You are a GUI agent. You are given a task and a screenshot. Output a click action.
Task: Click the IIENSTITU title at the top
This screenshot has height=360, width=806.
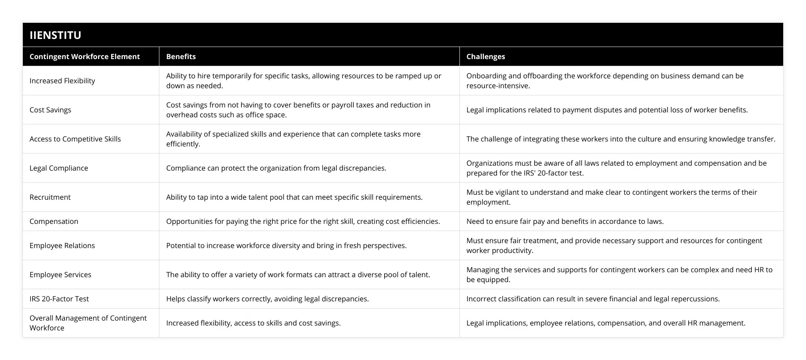(x=56, y=35)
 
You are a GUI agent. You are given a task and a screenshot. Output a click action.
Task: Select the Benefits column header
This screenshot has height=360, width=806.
(x=181, y=56)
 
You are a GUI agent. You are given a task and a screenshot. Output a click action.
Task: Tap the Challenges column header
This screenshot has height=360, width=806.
(x=485, y=56)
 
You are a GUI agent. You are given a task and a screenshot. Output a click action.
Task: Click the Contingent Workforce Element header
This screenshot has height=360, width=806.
(x=85, y=56)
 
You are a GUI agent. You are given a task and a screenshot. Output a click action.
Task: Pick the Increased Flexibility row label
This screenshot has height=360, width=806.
(x=62, y=81)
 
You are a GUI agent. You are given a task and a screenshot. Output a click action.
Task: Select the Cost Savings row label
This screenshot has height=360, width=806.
(x=50, y=110)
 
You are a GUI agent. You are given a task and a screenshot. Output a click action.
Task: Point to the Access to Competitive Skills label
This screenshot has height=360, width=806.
(x=75, y=139)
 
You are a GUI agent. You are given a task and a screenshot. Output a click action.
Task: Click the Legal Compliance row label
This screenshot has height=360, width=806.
(x=59, y=168)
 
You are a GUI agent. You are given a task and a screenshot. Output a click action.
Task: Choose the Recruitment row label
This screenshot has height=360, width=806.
(x=50, y=197)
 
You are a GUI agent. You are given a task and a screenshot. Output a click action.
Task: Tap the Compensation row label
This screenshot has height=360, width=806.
(x=54, y=221)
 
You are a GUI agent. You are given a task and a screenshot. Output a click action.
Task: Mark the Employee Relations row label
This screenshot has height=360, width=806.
(x=62, y=245)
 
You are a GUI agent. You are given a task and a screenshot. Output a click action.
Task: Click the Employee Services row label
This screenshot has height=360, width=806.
(x=60, y=274)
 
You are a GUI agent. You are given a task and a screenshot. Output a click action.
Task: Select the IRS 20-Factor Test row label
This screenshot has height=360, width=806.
(x=59, y=299)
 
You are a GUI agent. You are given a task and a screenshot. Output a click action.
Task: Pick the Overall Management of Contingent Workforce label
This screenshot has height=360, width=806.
(x=88, y=323)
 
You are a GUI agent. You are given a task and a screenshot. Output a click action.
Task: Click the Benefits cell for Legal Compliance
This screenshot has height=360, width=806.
(x=276, y=168)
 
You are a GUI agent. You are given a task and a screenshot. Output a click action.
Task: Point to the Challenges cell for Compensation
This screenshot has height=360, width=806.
(x=565, y=221)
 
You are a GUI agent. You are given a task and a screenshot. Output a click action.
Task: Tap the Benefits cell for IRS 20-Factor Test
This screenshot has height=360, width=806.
(x=267, y=299)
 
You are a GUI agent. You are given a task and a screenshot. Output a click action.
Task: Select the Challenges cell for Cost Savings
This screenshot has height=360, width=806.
(x=607, y=110)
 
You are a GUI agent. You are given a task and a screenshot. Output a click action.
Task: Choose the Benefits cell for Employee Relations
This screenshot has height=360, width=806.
(x=286, y=245)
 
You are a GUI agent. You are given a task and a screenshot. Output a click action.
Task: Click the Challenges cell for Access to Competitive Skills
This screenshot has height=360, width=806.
(x=621, y=139)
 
